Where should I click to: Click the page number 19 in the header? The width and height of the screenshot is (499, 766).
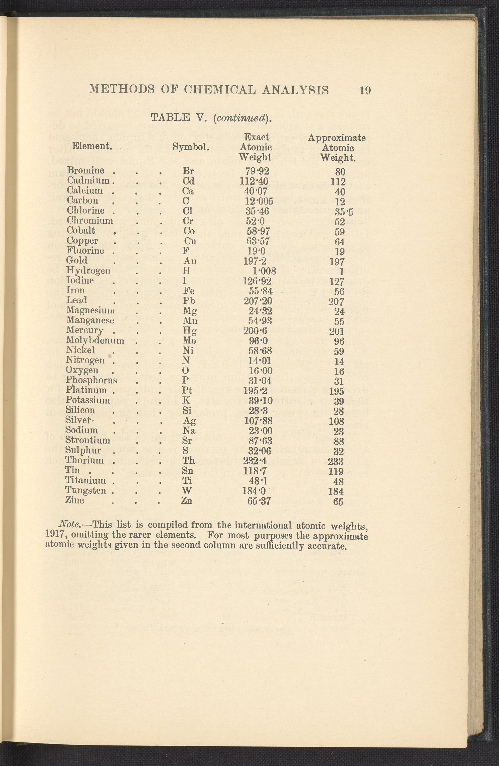point(365,90)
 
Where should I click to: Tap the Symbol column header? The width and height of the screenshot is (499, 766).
point(191,147)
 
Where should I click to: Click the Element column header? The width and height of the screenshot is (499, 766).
point(92,146)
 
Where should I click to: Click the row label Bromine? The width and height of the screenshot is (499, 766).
point(85,170)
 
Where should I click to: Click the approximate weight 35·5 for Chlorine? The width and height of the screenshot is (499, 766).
point(339,212)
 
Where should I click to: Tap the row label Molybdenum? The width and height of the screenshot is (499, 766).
point(95,340)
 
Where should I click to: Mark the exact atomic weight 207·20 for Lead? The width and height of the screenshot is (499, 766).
point(258,301)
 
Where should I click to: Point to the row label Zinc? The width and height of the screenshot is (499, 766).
point(74,500)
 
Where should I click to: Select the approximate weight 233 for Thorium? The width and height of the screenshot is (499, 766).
point(336,462)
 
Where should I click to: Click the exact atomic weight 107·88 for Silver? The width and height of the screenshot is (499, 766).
point(258,420)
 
